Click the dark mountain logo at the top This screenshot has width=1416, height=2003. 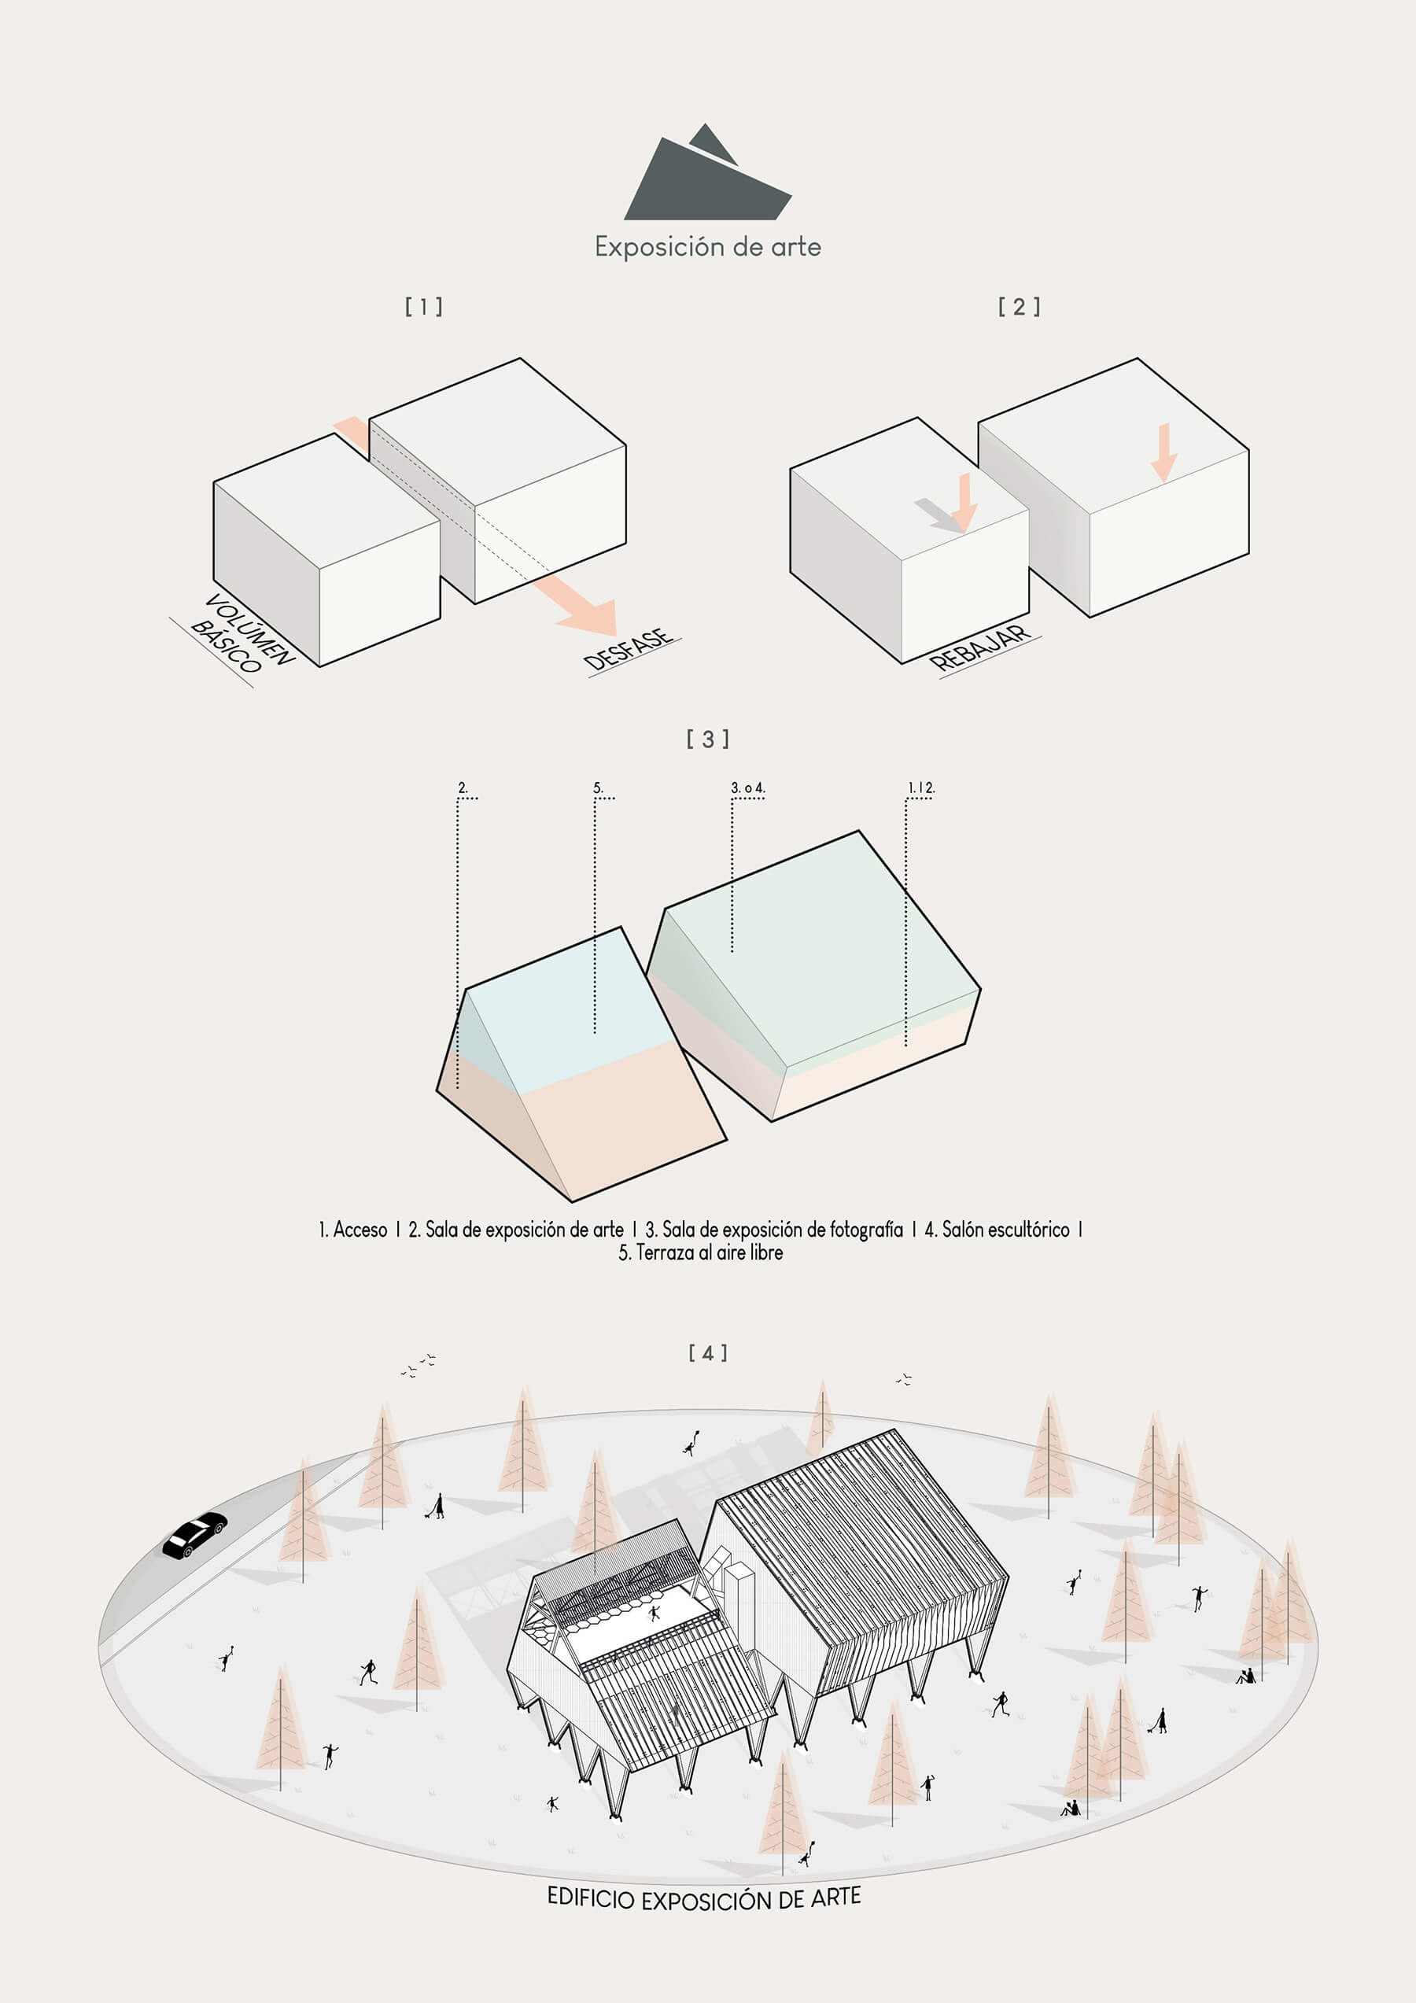[x=706, y=175]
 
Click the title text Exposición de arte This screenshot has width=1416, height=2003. [x=707, y=247]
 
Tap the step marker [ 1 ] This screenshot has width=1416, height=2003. [x=424, y=306]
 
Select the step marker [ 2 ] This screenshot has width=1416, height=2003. [x=1019, y=306]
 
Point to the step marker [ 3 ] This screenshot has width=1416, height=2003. [x=707, y=739]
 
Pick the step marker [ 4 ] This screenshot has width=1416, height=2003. [x=707, y=1352]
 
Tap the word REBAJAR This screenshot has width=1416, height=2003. [x=979, y=647]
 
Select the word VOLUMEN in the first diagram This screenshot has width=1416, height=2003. [x=251, y=629]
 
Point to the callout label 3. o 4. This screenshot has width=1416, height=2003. [x=747, y=788]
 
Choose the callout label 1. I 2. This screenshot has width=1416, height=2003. [x=921, y=788]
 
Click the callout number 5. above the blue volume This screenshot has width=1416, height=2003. [x=599, y=788]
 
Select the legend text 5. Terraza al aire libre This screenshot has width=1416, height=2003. [x=701, y=1252]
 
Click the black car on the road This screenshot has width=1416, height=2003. [x=194, y=1535]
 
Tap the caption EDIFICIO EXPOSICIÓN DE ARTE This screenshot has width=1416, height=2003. [x=704, y=1898]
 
